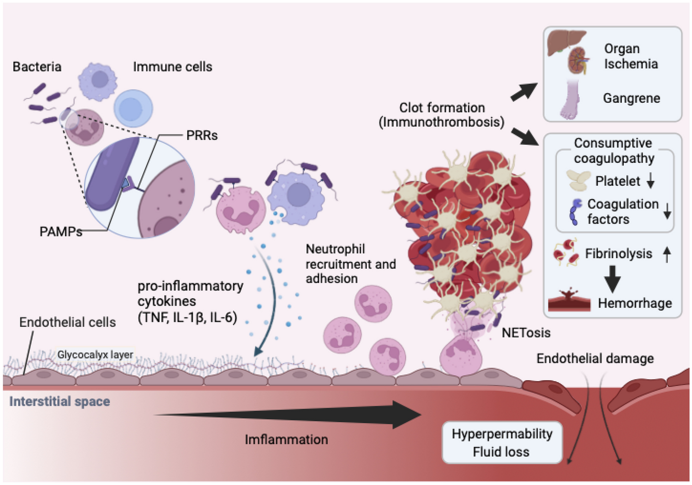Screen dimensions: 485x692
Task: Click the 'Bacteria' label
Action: pos(37,67)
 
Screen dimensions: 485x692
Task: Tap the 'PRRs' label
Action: pos(202,136)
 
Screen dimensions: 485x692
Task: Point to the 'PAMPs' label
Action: pos(60,231)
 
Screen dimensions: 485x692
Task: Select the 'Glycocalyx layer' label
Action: pos(95,355)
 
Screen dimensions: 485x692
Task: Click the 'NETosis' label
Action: pos(526,333)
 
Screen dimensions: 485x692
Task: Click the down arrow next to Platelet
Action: pos(650,181)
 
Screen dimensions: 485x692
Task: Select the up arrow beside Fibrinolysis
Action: pos(666,254)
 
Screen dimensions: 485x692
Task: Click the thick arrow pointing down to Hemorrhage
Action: pos(612,278)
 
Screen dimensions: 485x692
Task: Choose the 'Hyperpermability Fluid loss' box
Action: pos(502,443)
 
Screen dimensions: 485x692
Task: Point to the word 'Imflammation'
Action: pos(286,440)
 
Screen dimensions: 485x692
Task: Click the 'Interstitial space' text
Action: pos(60,402)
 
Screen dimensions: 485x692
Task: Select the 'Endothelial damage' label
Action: pos(595,359)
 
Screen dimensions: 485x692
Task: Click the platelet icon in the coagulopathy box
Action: pos(578,181)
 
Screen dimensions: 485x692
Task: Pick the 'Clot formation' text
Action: pos(442,108)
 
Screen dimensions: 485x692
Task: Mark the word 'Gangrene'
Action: pos(631,98)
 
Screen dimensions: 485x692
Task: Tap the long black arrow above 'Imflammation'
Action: pos(286,414)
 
